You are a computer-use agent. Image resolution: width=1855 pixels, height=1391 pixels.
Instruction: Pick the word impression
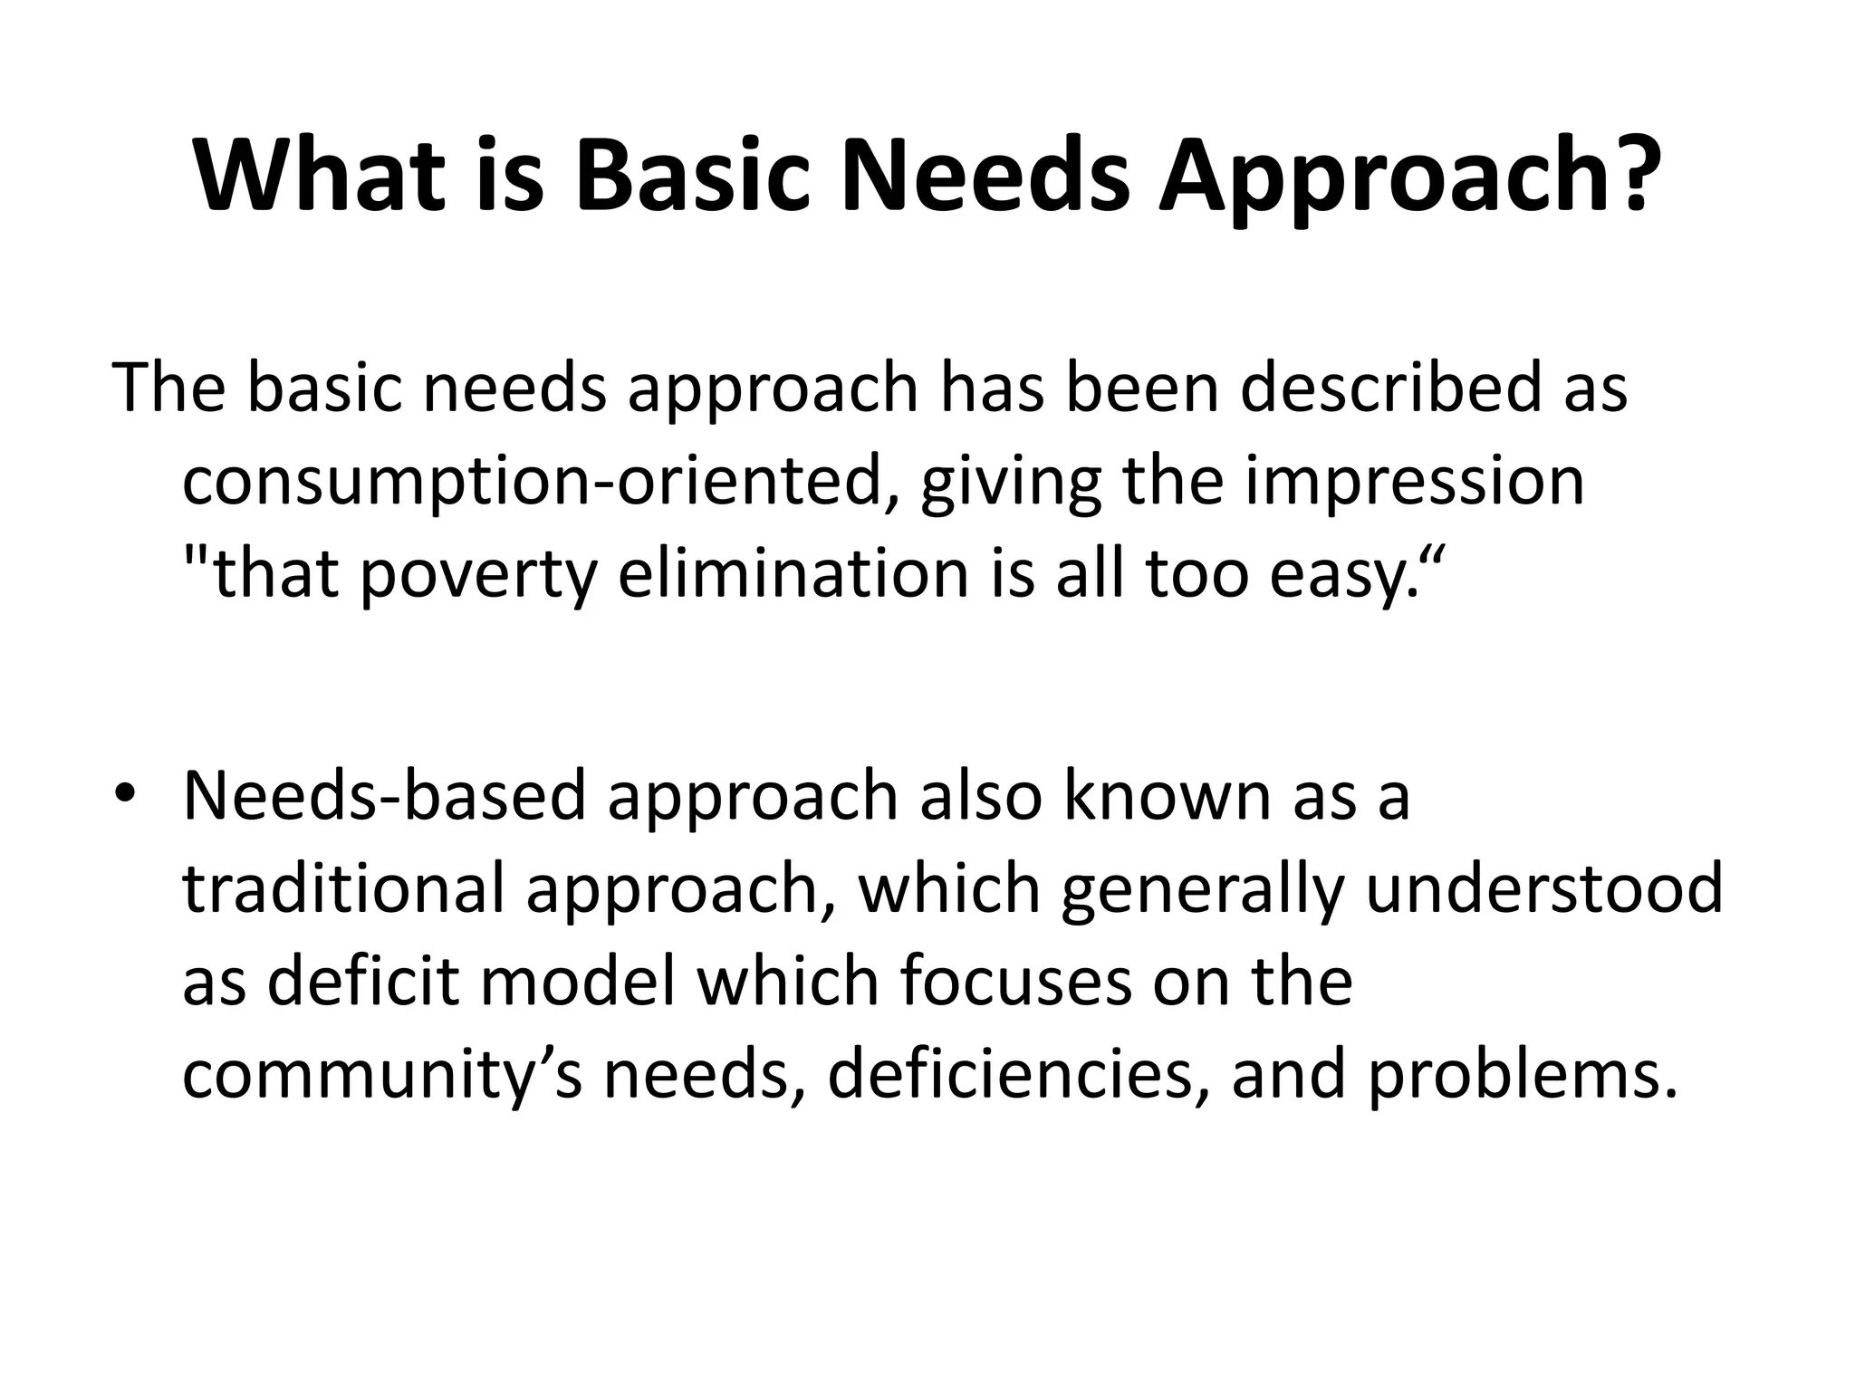1414,482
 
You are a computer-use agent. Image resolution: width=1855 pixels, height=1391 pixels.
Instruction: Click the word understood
1544,888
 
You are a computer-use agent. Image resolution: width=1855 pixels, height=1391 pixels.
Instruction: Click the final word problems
1518,1075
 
